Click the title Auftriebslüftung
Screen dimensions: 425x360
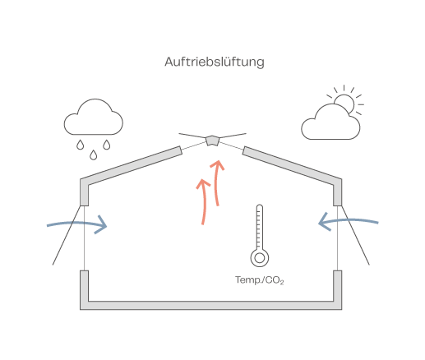(215, 62)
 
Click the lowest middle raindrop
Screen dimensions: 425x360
(94, 155)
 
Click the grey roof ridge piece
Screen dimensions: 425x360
(212, 141)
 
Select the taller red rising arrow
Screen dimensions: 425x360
(216, 182)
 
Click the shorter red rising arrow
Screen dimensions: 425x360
(204, 202)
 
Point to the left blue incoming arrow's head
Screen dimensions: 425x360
(102, 224)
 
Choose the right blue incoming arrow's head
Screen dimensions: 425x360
(324, 222)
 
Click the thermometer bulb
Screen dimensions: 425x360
(260, 258)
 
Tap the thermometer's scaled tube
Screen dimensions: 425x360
(260, 227)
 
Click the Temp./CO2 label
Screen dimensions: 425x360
(260, 280)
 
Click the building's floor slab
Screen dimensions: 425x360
(210, 306)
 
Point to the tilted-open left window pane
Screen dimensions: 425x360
(67, 235)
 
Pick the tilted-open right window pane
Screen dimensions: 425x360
(355, 235)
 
